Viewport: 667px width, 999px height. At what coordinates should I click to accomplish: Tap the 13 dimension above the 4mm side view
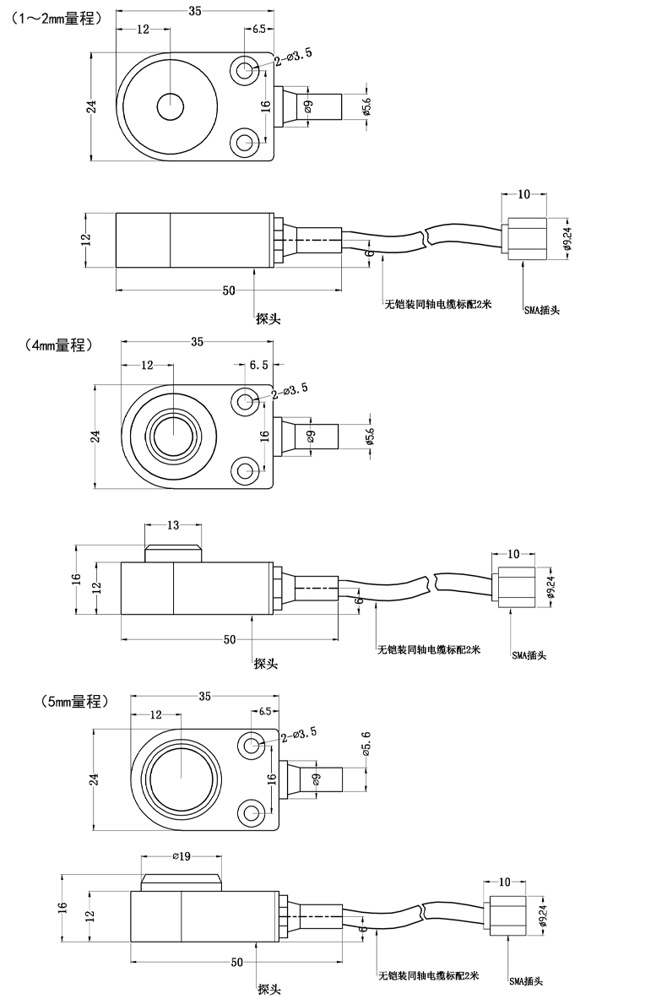tap(172, 525)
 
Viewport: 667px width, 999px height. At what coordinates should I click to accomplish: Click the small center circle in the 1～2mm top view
tap(170, 107)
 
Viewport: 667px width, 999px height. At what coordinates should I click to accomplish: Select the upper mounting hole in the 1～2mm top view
tap(247, 69)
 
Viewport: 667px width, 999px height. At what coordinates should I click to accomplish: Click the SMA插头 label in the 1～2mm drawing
tap(541, 310)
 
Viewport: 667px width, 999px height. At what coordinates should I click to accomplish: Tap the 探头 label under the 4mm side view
tap(266, 664)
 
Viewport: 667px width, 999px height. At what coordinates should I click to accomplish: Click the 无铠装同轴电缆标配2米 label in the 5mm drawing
tap(428, 976)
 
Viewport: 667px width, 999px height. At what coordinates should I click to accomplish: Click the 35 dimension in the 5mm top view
tap(204, 698)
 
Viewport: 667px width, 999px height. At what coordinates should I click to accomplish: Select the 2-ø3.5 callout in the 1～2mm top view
tap(294, 56)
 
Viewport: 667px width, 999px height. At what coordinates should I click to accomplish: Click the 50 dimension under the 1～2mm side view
tap(228, 290)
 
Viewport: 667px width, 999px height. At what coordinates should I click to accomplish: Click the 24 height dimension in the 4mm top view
tap(95, 436)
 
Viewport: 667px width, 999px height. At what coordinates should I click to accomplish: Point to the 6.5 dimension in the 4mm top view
tap(259, 365)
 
